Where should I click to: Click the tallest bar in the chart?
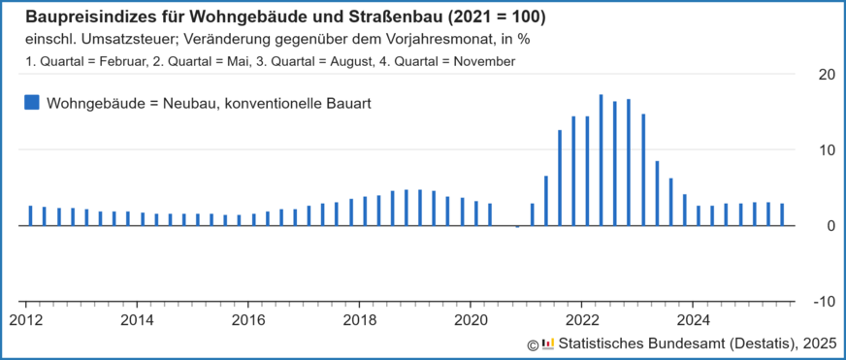pyautogui.click(x=602, y=160)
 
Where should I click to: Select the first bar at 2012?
pyautogui.click(x=30, y=215)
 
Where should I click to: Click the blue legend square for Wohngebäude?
pyautogui.click(x=31, y=102)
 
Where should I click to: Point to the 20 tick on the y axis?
pyautogui.click(x=827, y=75)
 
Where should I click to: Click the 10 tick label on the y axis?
pyautogui.click(x=827, y=150)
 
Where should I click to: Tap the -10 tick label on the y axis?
pyautogui.click(x=824, y=302)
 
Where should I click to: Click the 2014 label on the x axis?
pyautogui.click(x=137, y=319)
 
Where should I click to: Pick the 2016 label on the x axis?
pyautogui.click(x=248, y=319)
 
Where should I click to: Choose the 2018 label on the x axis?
pyautogui.click(x=360, y=319)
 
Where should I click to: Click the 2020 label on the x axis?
pyautogui.click(x=471, y=319)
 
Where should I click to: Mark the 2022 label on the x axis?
pyautogui.click(x=582, y=319)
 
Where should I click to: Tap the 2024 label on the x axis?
pyautogui.click(x=693, y=319)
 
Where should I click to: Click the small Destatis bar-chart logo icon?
pyautogui.click(x=548, y=343)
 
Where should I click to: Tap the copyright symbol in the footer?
pyautogui.click(x=533, y=344)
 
